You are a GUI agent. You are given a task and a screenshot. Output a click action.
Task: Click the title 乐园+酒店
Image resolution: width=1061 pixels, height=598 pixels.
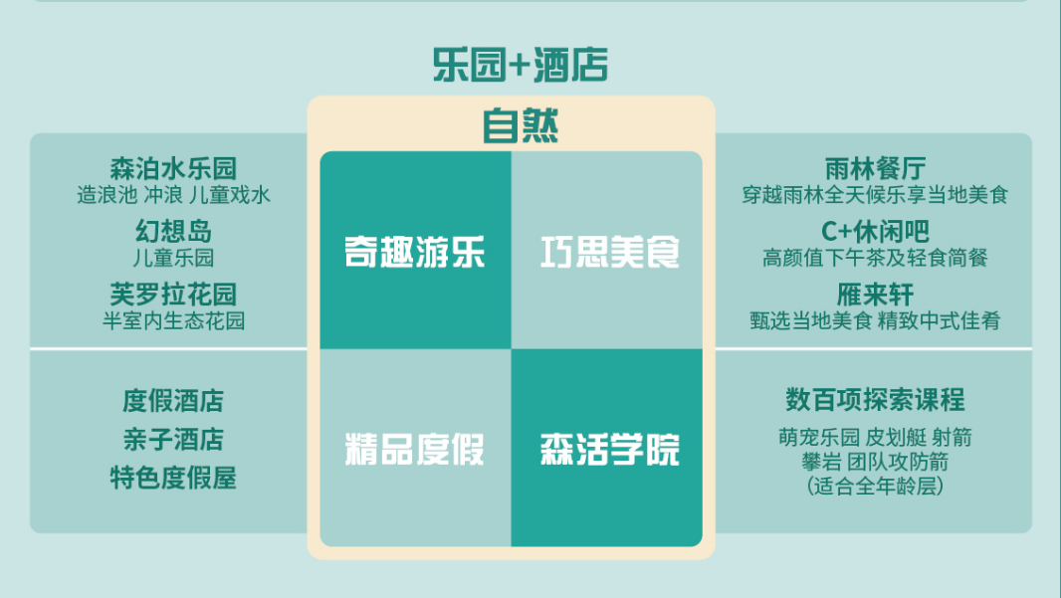521,65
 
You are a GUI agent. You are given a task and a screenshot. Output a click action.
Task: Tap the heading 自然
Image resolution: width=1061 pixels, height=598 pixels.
521,125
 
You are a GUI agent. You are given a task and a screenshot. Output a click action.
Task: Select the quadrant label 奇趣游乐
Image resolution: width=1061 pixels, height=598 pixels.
415,252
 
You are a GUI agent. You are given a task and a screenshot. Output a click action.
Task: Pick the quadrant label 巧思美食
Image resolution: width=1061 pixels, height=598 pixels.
610,252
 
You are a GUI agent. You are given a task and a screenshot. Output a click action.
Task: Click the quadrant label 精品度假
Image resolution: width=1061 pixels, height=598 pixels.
415,449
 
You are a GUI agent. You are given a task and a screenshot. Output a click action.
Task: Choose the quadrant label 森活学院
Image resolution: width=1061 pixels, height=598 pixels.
610,449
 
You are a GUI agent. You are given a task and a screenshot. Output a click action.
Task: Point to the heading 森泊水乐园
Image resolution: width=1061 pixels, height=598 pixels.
174,168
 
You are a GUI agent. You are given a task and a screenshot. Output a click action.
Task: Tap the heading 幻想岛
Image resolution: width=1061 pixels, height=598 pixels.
174,232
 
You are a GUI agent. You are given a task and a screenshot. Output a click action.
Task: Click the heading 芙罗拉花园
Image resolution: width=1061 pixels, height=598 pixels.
174,295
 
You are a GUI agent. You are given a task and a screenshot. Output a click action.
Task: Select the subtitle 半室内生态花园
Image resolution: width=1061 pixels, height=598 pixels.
174,320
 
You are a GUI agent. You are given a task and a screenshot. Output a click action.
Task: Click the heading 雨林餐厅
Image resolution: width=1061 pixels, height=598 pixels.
875,168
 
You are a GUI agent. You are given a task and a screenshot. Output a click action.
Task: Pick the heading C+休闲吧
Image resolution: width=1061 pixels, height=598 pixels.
875,232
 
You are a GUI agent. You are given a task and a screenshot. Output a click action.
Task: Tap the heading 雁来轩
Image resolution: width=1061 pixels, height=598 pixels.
875,295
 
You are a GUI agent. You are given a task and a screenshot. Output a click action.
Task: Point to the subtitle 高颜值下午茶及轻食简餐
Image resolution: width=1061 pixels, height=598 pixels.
875,257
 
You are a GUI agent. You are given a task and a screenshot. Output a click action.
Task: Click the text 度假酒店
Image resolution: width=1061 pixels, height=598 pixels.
173,401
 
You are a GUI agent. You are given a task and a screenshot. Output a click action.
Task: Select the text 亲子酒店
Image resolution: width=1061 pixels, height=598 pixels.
173,440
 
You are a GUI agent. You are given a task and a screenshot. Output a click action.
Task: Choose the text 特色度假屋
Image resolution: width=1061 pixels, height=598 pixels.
173,479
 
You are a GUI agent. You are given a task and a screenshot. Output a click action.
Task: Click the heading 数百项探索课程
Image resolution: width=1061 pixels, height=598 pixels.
875,399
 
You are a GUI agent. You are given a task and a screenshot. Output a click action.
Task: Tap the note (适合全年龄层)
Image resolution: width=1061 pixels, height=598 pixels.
875,486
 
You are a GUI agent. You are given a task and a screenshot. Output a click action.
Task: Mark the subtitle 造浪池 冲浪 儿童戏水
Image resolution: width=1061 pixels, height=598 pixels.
174,195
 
